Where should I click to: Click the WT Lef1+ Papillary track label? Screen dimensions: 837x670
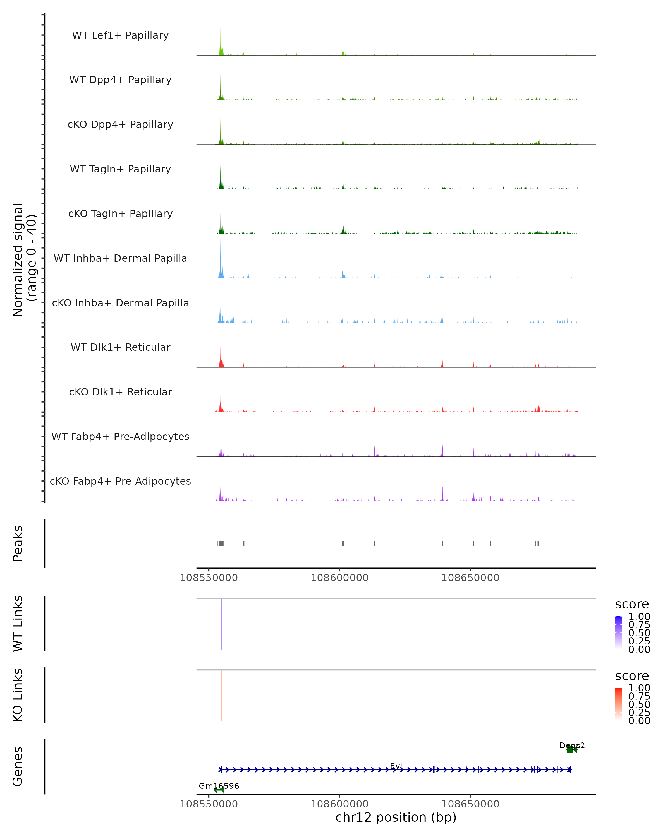tap(120, 35)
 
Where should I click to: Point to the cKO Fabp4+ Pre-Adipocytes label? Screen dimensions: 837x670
tap(120, 481)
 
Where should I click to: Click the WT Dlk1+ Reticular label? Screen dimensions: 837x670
tap(120, 347)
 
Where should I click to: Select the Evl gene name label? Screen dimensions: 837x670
tap(396, 766)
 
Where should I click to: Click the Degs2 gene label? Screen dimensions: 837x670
tap(572, 745)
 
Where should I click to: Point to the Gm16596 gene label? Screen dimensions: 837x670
tap(219, 786)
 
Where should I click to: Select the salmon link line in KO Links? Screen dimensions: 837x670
tap(221, 695)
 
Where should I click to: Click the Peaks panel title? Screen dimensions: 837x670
tap(18, 543)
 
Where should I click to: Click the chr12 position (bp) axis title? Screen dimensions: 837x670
tap(396, 817)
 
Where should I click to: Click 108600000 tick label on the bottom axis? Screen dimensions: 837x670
tap(339, 804)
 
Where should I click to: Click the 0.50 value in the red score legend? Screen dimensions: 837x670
tap(639, 704)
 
